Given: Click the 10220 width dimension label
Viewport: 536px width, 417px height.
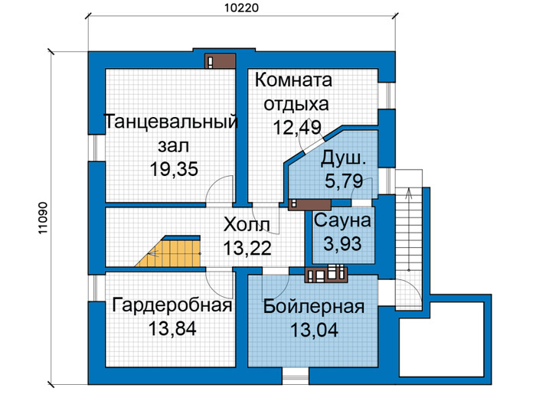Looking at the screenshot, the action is coord(242,8).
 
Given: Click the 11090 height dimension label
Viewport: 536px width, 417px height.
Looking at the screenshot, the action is coord(42,218).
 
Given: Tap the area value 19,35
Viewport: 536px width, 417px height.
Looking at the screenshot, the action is coord(174,168).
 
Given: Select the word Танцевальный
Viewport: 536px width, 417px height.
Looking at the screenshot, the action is coord(171,122).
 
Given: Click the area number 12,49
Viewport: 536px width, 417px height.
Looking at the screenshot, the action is coord(297,128).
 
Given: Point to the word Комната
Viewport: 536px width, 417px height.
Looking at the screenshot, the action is coord(293,80).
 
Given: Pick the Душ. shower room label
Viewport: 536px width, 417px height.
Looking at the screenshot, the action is coord(343,159).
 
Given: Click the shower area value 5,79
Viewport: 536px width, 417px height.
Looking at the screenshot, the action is coord(344,181).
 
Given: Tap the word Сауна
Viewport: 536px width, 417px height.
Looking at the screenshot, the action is coord(342,220).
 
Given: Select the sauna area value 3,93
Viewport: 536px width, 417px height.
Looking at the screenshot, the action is coord(342,244).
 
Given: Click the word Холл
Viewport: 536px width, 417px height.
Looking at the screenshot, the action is coord(247,225).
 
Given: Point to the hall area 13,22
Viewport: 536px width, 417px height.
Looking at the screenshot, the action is coord(247,248).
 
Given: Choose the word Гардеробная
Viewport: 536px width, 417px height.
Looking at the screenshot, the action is coord(172,305).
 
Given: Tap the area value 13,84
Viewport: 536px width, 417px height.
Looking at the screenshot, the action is coord(172,328).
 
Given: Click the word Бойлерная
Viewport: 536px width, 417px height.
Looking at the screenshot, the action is coord(314,307).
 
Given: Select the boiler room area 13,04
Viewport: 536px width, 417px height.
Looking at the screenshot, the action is coord(314,330).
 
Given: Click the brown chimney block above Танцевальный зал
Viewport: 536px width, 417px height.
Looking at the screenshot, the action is coord(221,61).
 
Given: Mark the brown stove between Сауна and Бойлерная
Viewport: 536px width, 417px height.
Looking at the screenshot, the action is coord(326,274).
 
